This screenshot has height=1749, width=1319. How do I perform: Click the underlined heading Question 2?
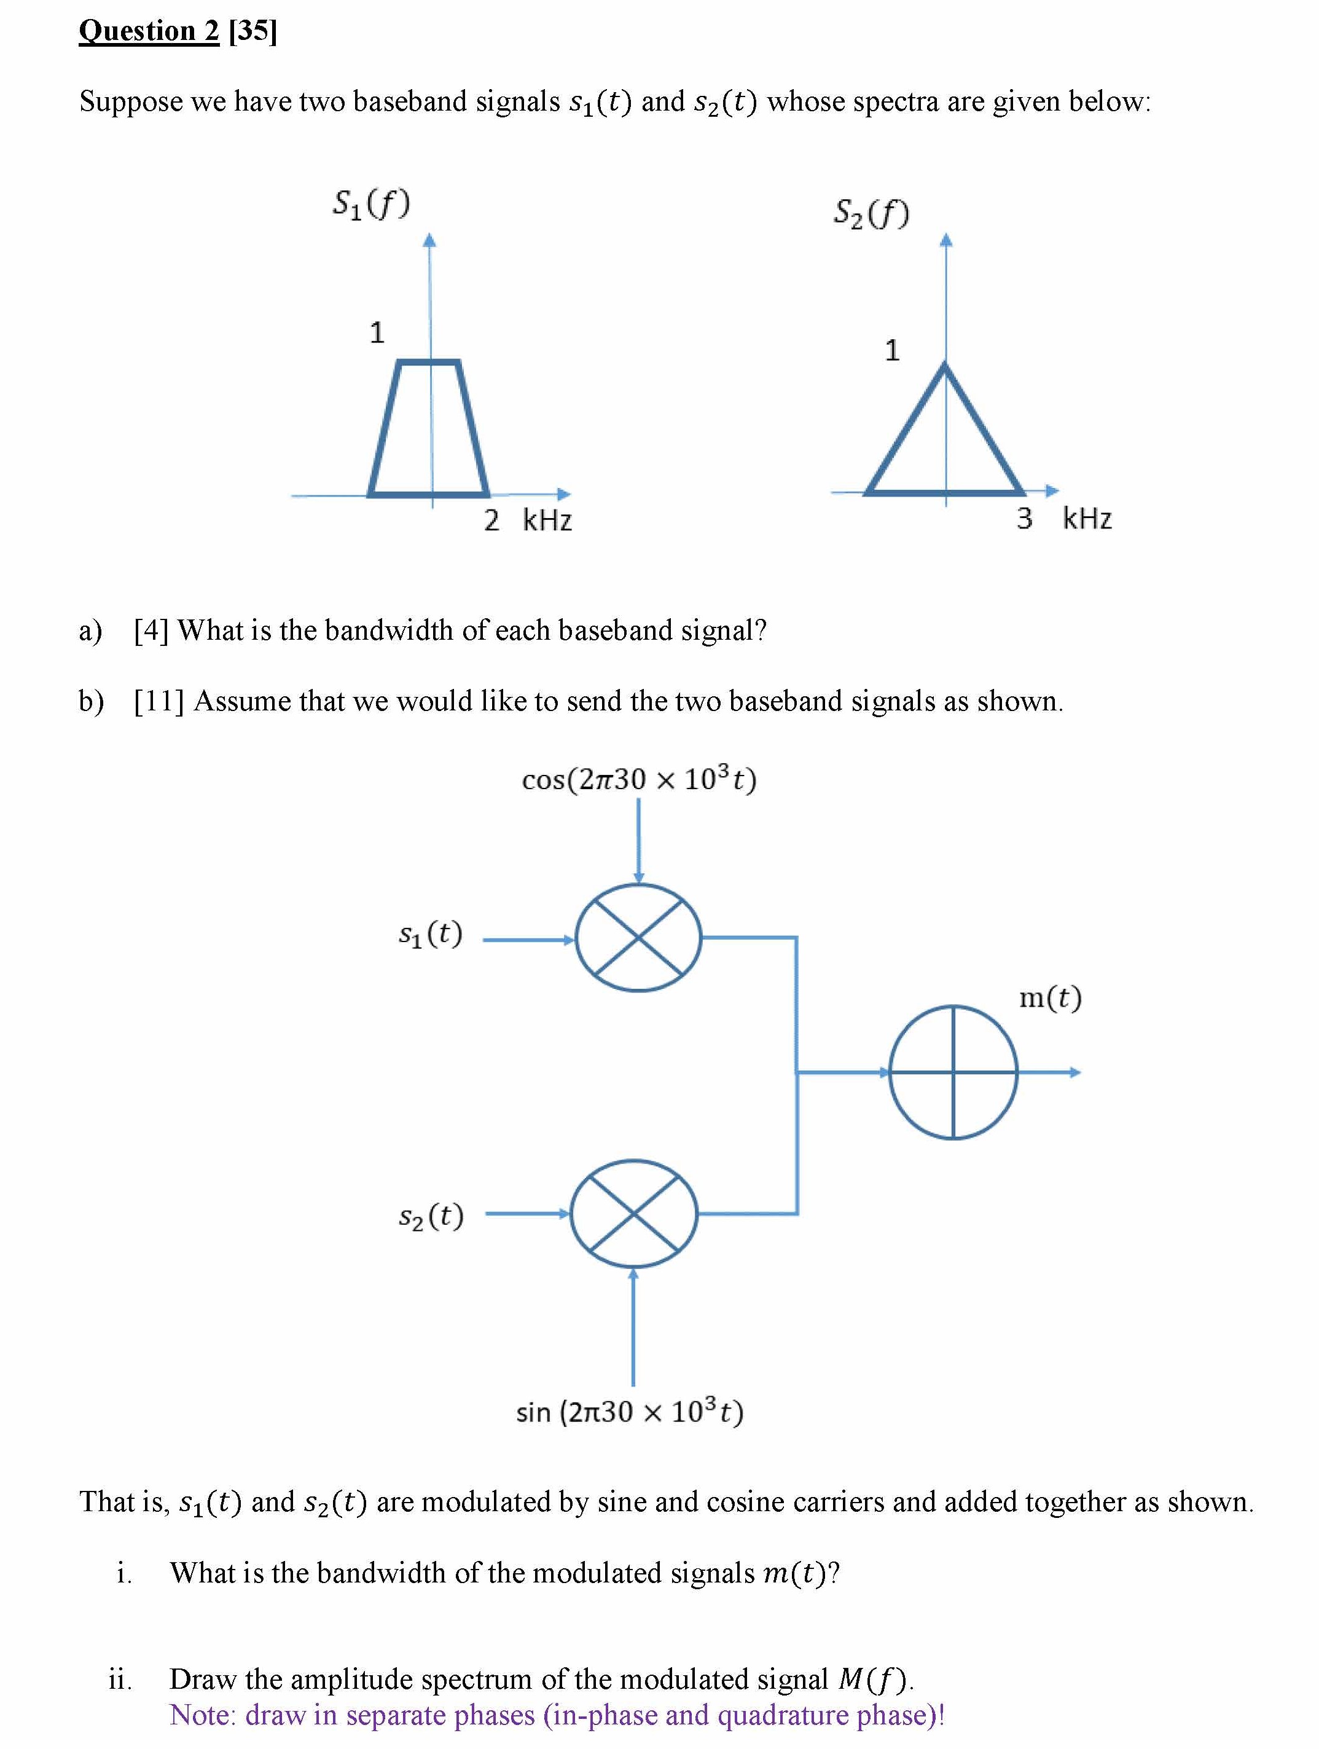(149, 31)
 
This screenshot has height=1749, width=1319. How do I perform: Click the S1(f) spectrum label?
(370, 204)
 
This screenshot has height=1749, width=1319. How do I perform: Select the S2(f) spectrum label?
(872, 213)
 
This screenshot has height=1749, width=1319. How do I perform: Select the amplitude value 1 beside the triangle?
(892, 350)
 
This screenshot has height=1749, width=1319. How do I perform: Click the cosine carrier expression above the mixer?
(638, 780)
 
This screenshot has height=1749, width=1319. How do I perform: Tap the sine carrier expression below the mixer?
(630, 1412)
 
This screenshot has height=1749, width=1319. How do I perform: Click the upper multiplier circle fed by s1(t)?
(638, 938)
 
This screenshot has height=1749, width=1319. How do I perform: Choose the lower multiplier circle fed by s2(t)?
(634, 1214)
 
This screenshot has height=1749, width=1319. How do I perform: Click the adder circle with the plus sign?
(953, 1072)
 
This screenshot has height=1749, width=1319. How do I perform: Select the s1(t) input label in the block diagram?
(430, 935)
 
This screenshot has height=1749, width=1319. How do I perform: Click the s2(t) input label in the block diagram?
(431, 1216)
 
